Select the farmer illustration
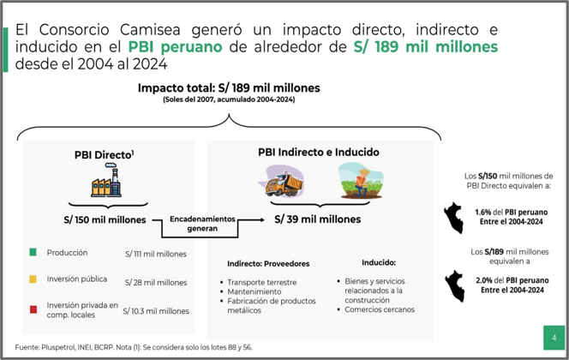point(361,181)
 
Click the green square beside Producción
point(33,252)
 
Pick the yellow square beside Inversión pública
point(33,279)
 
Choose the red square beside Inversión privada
point(33,309)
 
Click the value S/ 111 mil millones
point(156,254)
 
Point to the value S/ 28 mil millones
point(156,282)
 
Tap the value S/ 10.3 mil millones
point(156,311)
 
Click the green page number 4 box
point(554,338)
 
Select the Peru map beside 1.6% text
point(453,218)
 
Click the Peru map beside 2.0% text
point(455,286)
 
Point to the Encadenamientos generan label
point(202,224)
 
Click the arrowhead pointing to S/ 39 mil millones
point(261,219)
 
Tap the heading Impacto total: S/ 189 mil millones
point(229,87)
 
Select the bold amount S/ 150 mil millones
point(105,219)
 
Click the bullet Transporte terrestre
point(261,282)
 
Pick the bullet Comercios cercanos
point(380,309)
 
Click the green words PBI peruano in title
point(175,47)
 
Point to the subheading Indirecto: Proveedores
point(268,263)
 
